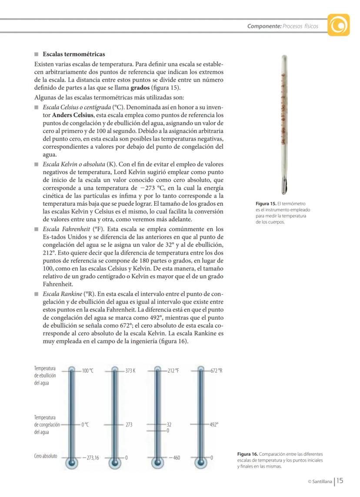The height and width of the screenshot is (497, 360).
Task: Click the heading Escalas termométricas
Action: tap(73, 55)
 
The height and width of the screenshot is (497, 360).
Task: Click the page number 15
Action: tap(340, 480)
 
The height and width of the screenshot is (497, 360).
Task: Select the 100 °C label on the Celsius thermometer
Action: tap(87, 370)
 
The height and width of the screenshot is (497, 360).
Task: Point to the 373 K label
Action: tap(130, 370)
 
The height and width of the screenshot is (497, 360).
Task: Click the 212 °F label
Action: tap(173, 370)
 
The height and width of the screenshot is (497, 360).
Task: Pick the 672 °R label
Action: tap(217, 370)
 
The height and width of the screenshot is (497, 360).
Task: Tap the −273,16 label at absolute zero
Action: tap(90, 458)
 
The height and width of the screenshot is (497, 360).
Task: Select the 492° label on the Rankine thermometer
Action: tap(214, 424)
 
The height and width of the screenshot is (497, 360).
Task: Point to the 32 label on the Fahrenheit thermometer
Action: tap(170, 424)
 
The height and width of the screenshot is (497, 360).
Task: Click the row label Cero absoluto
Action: tap(46, 457)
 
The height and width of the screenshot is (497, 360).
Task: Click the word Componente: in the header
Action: tap(264, 26)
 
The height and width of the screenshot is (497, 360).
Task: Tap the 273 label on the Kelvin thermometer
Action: tap(129, 424)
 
